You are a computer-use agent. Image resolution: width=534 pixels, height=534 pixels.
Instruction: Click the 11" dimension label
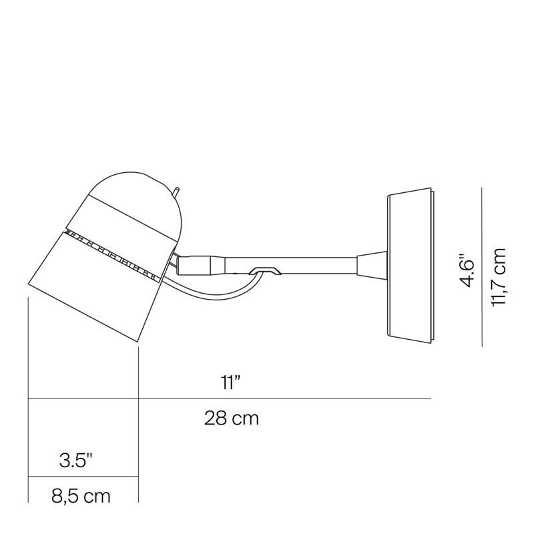coord(230,382)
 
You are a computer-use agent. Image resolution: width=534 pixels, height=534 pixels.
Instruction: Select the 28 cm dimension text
coord(231,419)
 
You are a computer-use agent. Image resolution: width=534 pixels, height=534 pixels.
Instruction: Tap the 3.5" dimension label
coord(75,460)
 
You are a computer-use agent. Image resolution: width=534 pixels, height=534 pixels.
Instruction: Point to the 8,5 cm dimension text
coord(80,497)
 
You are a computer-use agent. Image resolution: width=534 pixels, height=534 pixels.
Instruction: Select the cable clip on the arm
coord(266,270)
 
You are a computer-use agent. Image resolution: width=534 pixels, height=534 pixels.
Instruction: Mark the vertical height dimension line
coord(482,267)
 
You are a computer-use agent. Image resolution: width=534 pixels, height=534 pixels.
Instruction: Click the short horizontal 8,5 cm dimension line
coord(83,477)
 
